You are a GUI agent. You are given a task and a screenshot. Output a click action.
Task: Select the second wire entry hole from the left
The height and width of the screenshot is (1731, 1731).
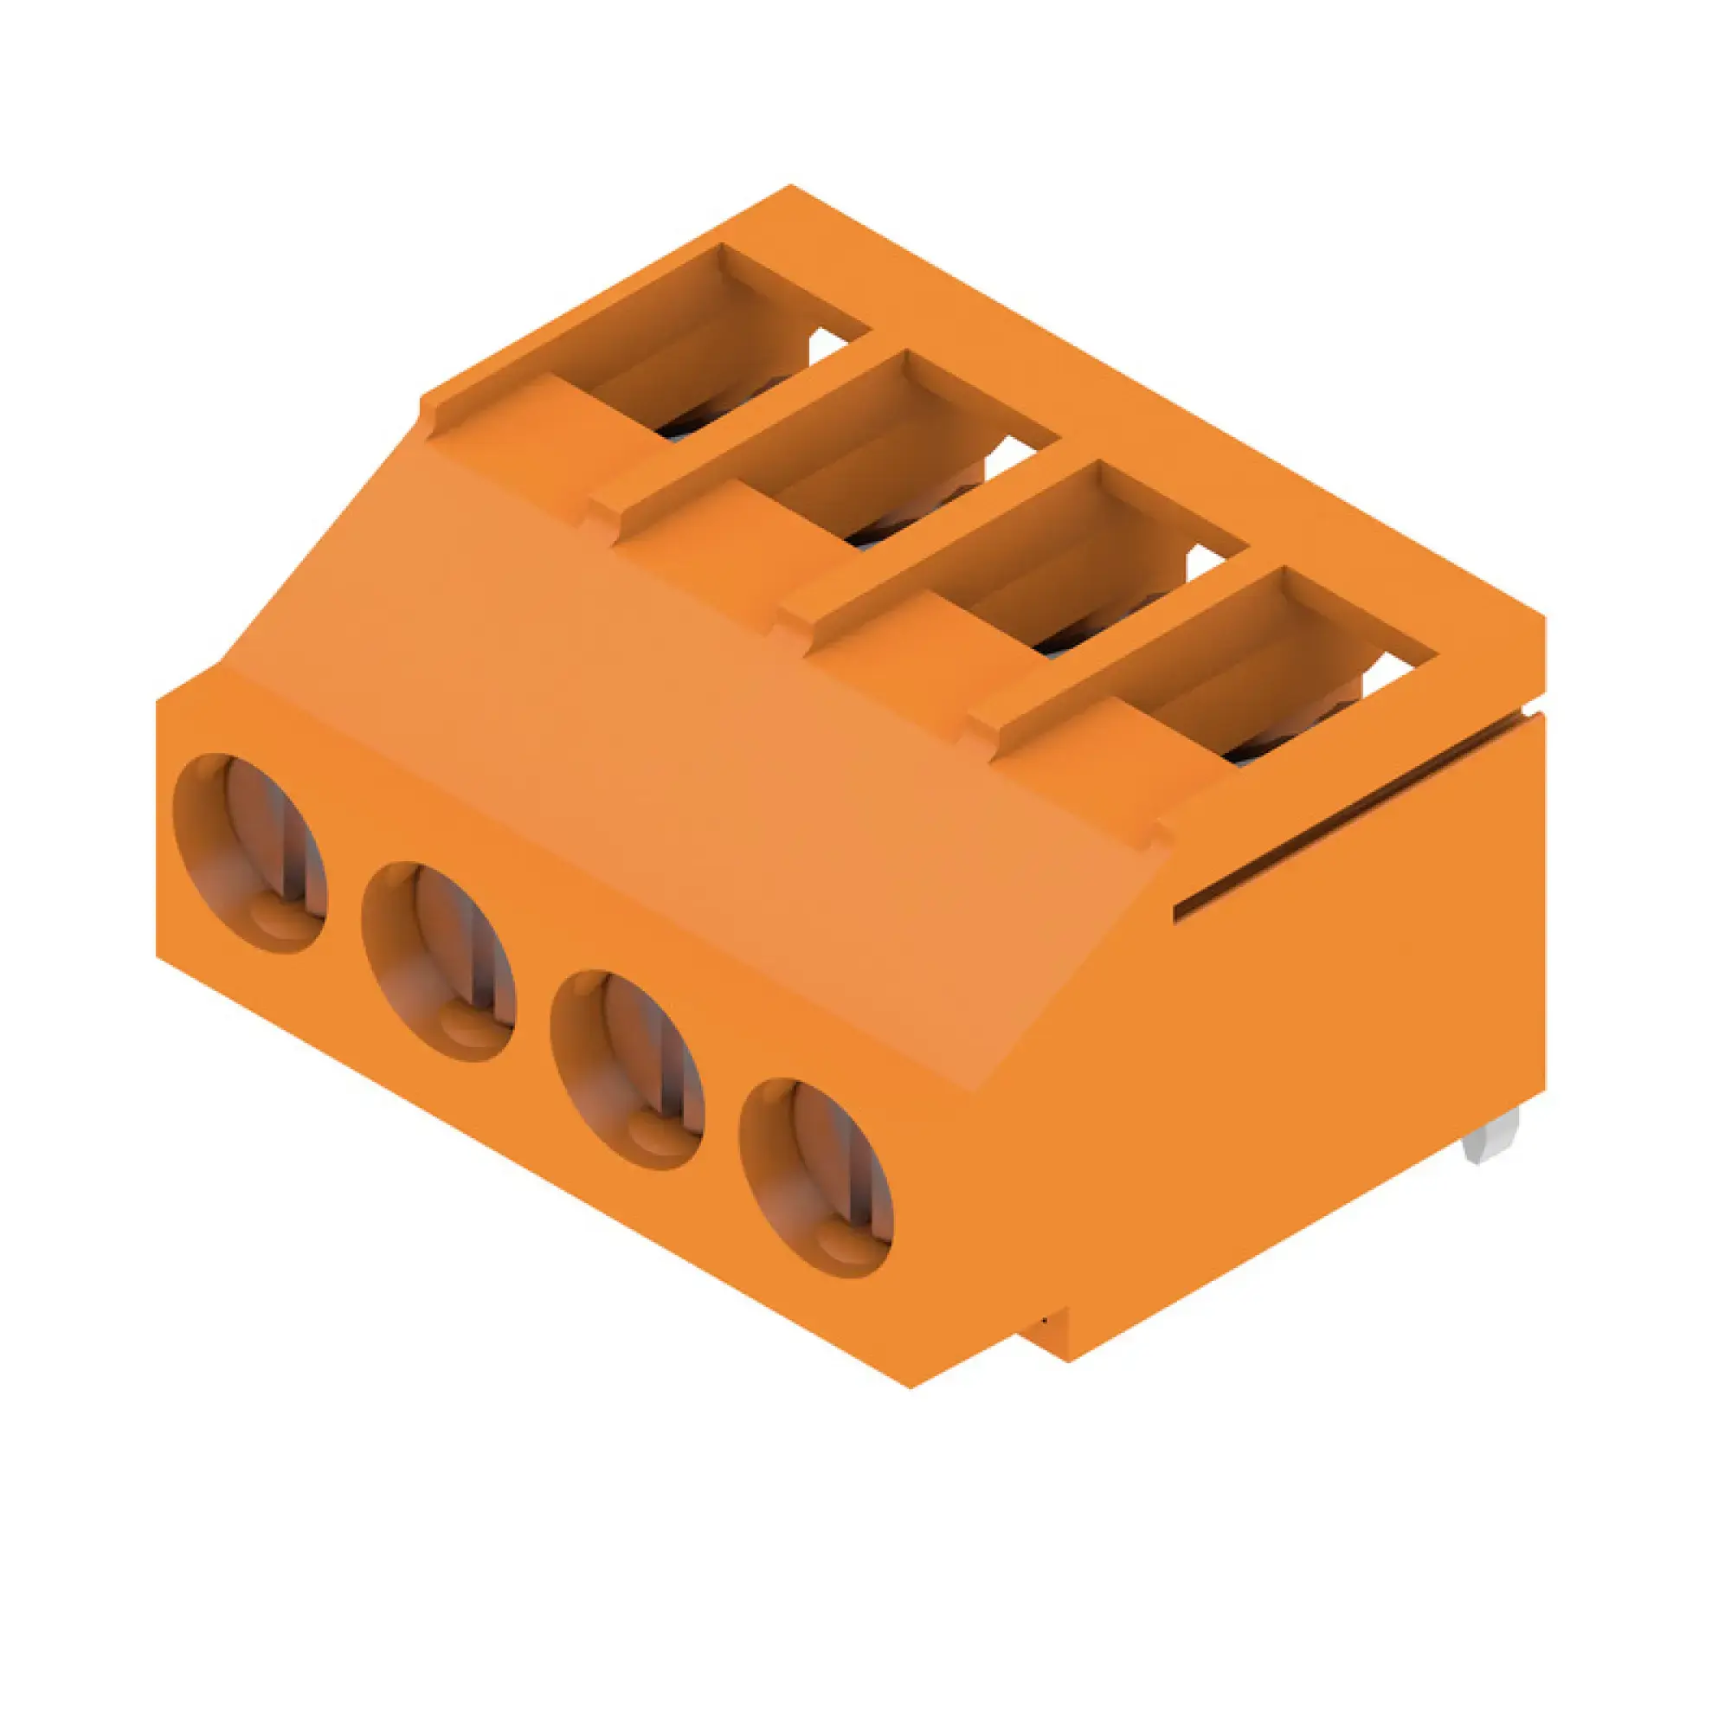coord(439,962)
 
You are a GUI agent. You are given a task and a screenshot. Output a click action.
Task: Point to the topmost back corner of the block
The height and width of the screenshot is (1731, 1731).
coord(790,186)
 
